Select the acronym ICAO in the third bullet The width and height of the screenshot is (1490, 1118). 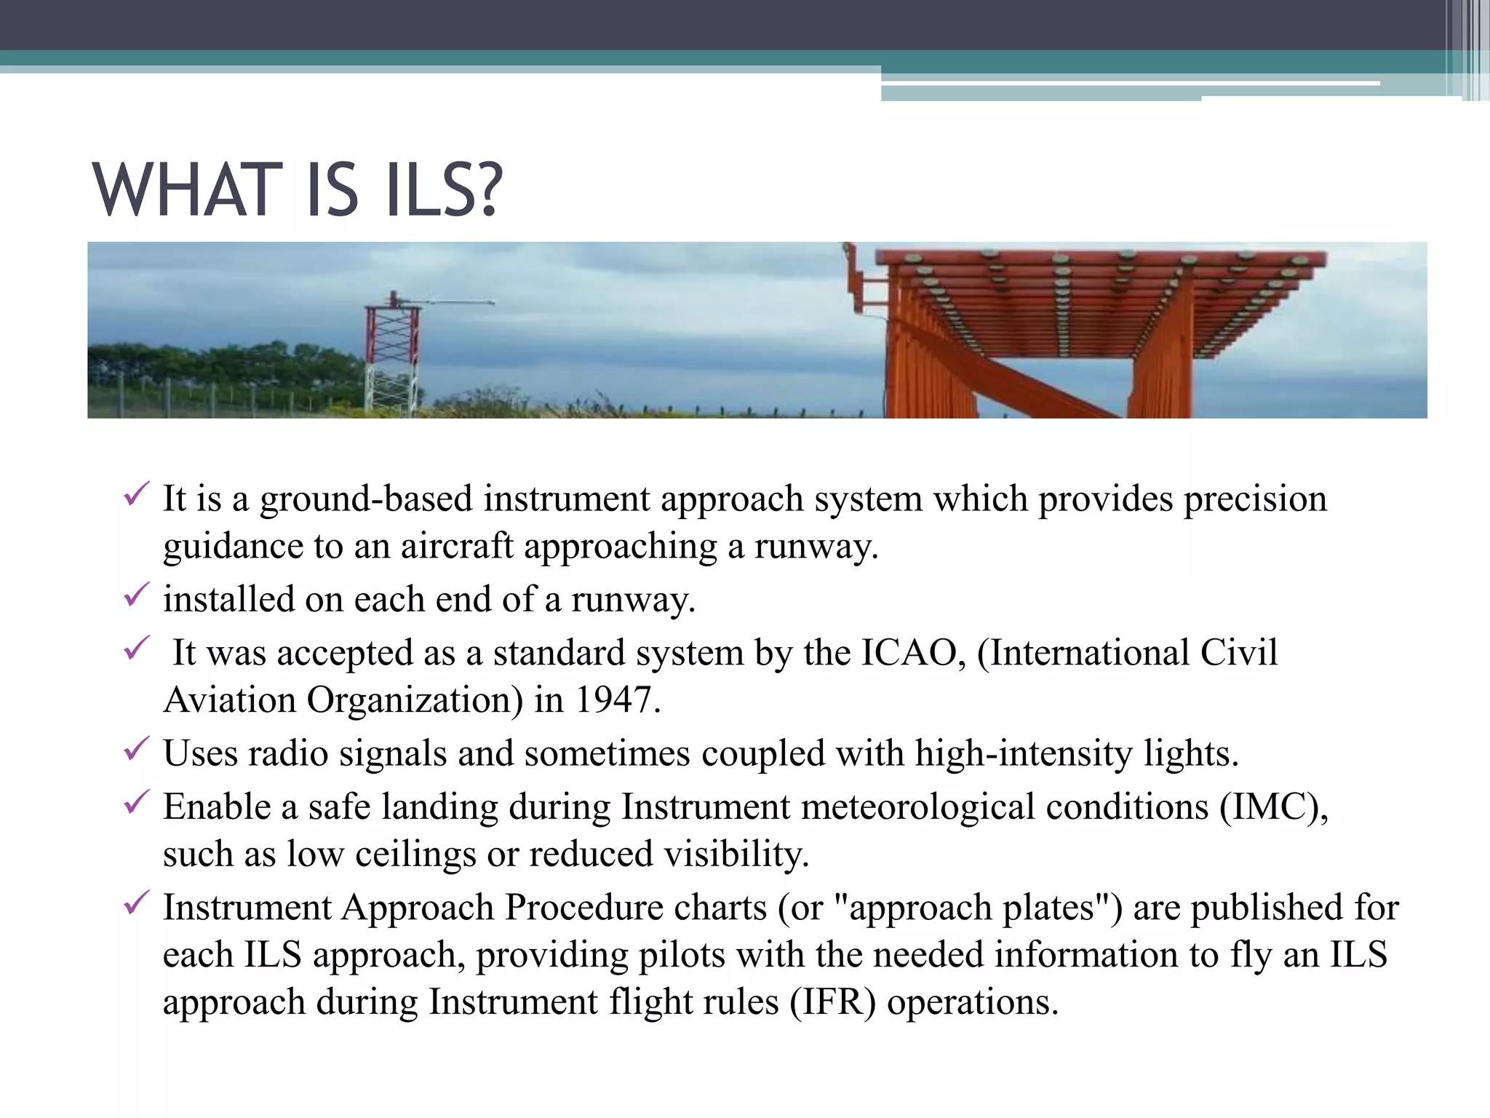coord(912,652)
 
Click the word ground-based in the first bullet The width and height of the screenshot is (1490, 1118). coord(366,501)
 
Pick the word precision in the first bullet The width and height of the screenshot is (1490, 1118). coord(1255,501)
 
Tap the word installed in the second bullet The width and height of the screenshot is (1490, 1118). coord(228,599)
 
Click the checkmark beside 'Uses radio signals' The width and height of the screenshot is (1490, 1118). coord(136,748)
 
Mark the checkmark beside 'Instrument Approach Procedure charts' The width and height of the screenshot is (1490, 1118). coord(136,903)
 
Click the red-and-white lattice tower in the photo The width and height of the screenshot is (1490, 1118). coord(393,357)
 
